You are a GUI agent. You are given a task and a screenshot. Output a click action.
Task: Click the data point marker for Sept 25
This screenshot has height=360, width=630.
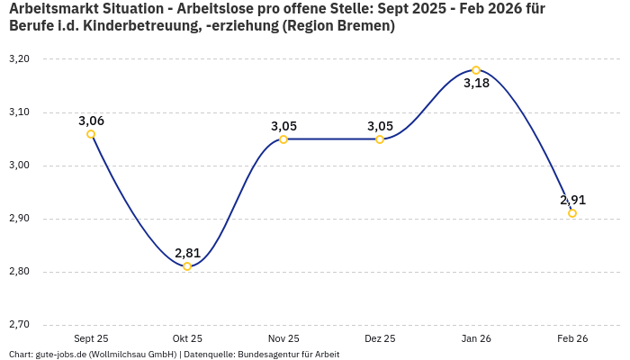[91, 134]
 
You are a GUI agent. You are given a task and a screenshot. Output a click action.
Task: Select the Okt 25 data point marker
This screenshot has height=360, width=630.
[187, 266]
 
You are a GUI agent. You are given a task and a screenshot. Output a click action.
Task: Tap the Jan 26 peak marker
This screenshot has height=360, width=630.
[476, 70]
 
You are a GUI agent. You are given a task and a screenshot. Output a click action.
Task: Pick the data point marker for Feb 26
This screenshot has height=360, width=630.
[572, 213]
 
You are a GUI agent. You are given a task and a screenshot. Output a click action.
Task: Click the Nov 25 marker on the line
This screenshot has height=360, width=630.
[283, 139]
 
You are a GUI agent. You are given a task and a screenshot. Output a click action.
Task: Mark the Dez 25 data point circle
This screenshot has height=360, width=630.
[380, 139]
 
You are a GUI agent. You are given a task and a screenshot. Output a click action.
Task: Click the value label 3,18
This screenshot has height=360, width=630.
[476, 84]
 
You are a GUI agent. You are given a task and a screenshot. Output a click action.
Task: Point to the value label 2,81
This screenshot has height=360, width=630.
[187, 253]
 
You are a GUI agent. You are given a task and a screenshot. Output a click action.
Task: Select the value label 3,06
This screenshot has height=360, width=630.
[91, 121]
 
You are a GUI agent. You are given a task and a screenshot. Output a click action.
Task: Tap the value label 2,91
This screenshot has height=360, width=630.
[572, 200]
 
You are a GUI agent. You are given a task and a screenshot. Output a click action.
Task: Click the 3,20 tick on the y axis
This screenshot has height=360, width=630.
[19, 59]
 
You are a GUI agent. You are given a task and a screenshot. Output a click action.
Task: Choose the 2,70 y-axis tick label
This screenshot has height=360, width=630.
[19, 325]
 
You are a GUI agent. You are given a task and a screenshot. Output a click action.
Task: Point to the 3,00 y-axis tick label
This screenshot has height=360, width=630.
[19, 166]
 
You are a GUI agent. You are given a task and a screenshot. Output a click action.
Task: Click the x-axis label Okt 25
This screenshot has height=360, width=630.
[187, 338]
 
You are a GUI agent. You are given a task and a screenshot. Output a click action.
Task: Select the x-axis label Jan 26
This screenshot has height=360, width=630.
[476, 338]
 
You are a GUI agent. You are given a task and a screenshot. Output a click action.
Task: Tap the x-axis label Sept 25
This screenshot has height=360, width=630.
[91, 338]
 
